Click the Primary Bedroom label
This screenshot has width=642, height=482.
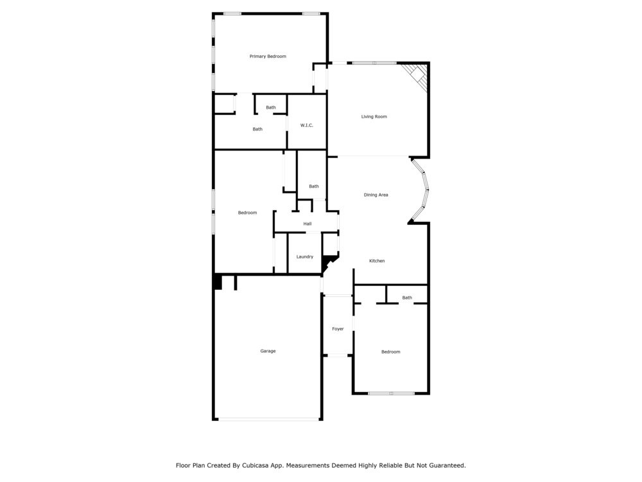[x=268, y=57]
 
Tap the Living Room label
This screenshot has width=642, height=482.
[x=374, y=117]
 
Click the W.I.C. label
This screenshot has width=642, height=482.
[x=306, y=125]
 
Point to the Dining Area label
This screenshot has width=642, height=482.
[x=376, y=195]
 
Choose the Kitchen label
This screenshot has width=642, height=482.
[x=377, y=261]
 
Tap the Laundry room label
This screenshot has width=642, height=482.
[x=304, y=257]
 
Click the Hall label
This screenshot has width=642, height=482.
[x=308, y=224]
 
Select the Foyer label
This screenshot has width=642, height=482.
[x=338, y=329]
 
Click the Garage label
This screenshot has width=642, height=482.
[x=268, y=351]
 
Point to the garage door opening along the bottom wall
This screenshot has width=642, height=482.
[x=269, y=420]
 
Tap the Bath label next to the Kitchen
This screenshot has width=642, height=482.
[x=407, y=298]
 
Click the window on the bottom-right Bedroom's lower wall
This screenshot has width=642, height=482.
[x=391, y=393]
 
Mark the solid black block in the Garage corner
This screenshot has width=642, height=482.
[x=218, y=281]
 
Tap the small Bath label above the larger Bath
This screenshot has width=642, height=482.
[x=271, y=107]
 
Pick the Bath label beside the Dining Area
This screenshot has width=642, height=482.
[x=313, y=186]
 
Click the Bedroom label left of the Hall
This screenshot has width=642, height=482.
[x=247, y=213]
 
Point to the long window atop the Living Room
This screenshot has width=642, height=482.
[x=374, y=63]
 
